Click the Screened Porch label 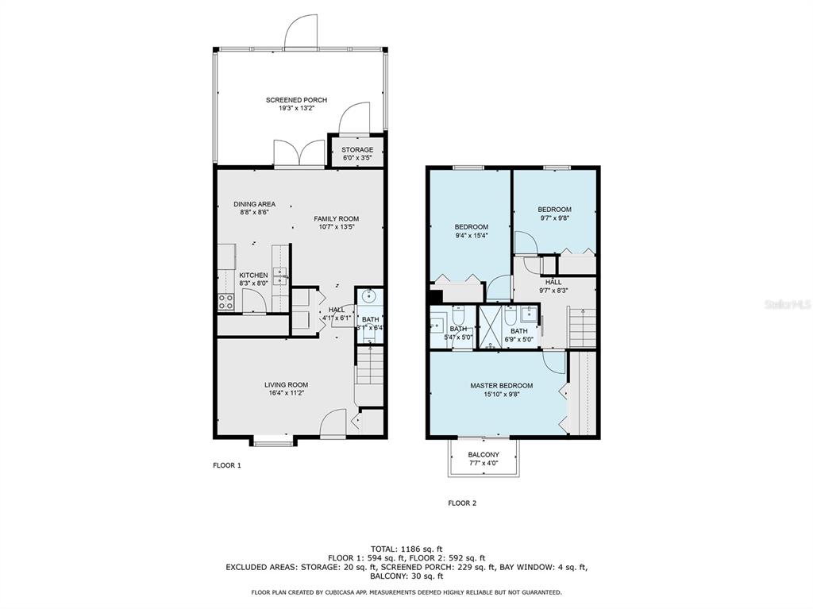click(x=297, y=100)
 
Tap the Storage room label click(x=357, y=150)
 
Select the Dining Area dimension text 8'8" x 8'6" click(x=254, y=212)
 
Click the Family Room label click(x=336, y=219)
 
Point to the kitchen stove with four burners click(x=225, y=302)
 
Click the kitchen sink click(x=280, y=276)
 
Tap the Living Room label click(x=286, y=385)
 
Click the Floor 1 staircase click(x=370, y=367)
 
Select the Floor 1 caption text click(x=227, y=465)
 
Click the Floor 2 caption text click(x=462, y=503)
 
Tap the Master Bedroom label click(x=502, y=386)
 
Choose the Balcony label click(x=484, y=455)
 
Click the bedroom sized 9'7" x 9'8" click(x=554, y=214)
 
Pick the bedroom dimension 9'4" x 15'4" click(x=472, y=236)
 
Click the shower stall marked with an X click(x=489, y=327)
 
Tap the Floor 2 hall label click(x=553, y=282)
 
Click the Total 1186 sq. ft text click(x=406, y=549)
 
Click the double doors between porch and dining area click(x=299, y=153)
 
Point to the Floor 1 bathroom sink click(x=369, y=297)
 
